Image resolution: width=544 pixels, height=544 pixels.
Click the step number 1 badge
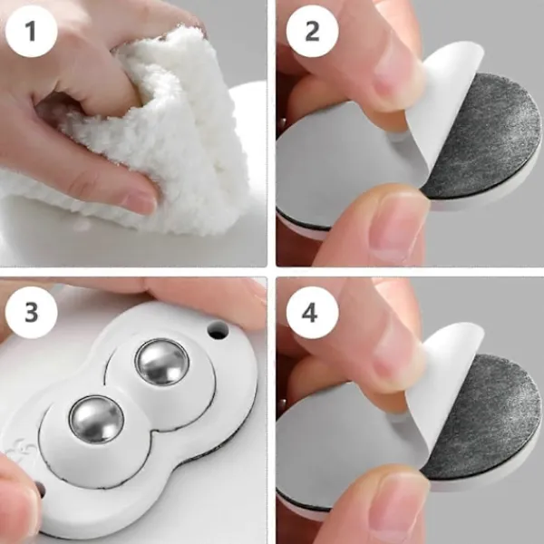pyautogui.click(x=31, y=31)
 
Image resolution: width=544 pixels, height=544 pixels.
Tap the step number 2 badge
pyautogui.click(x=312, y=31)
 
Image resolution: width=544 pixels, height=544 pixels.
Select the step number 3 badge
pyautogui.click(x=31, y=312)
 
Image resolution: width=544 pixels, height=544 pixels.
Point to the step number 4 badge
pyautogui.click(x=312, y=312)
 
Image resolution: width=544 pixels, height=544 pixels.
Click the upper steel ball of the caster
pyautogui.click(x=162, y=362)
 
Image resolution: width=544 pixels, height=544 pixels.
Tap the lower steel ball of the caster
pyautogui.click(x=96, y=418)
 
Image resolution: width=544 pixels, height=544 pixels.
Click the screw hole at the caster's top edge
pyautogui.click(x=219, y=330)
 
